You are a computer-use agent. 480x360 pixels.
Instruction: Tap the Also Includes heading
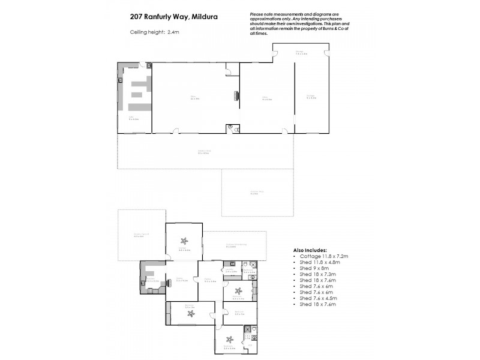(310, 250)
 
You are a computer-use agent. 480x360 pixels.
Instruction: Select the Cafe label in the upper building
(131, 117)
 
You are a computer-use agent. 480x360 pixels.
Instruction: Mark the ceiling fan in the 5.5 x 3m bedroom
(190, 313)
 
